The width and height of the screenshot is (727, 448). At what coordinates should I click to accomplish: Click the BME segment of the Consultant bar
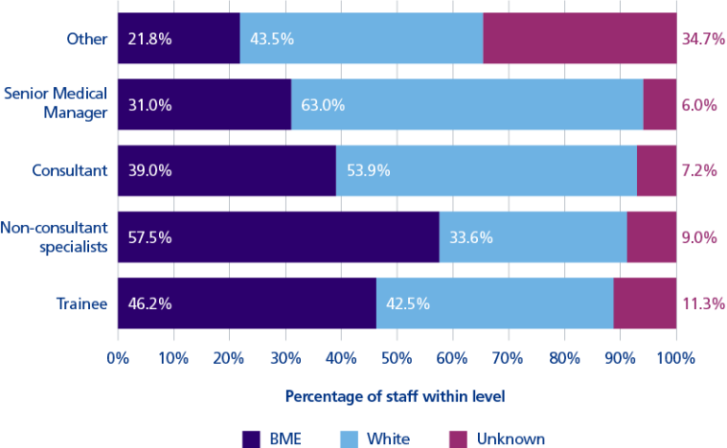click(226, 170)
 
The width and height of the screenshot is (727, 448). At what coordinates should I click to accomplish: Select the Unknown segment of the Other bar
click(579, 39)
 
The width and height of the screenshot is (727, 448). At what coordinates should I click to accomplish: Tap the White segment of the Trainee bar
click(494, 303)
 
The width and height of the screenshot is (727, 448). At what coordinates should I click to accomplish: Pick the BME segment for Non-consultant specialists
click(278, 237)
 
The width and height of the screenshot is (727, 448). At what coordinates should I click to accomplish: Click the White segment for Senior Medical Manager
click(467, 105)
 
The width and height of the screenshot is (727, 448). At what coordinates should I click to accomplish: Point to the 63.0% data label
click(323, 105)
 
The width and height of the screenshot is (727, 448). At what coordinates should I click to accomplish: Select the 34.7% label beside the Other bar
click(701, 39)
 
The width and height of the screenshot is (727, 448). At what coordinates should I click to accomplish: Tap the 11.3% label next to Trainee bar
click(701, 303)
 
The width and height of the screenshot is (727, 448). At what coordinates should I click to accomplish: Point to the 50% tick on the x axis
click(397, 359)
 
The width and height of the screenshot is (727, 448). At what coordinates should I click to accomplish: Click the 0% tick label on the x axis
click(117, 359)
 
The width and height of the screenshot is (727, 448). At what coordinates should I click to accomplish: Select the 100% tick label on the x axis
click(676, 359)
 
